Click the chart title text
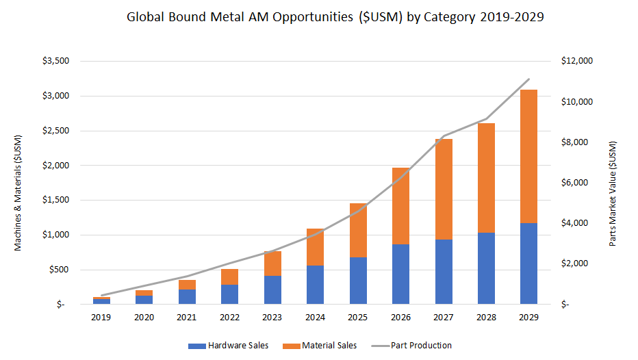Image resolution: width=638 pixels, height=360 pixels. click(335, 18)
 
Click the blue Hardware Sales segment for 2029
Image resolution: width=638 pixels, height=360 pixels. click(528, 263)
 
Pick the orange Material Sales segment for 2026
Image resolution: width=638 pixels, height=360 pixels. click(400, 206)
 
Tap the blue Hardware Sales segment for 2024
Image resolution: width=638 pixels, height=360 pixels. click(315, 285)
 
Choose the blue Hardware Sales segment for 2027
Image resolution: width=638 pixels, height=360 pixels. click(443, 272)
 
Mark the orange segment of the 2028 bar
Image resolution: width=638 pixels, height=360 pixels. click(486, 178)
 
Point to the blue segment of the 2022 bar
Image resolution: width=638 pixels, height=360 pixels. click(229, 294)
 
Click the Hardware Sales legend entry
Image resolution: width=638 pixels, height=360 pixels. click(228, 346)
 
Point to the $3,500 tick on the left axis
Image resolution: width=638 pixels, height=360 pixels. click(55, 61)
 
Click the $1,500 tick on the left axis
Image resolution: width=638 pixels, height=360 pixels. click(55, 201)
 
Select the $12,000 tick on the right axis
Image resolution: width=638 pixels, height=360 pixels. click(576, 61)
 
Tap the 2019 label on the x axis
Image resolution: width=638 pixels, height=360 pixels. click(101, 318)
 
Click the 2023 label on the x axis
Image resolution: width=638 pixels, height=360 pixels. click(272, 318)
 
